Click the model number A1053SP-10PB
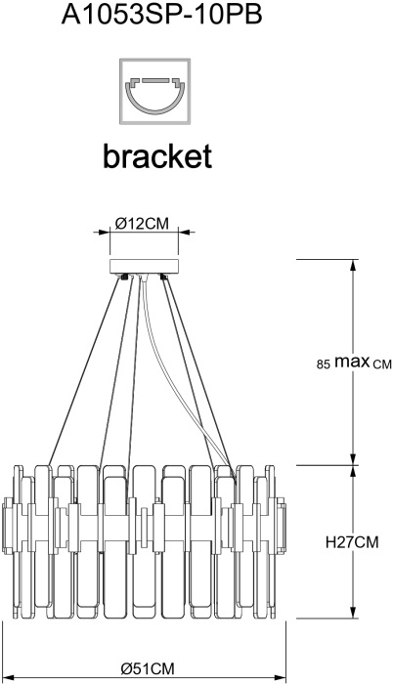pyautogui.click(x=161, y=16)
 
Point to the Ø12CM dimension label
pyautogui.click(x=142, y=224)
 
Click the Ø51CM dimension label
pyautogui.click(x=148, y=668)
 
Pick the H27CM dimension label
pyautogui.click(x=352, y=542)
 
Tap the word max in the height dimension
pyautogui.click(x=352, y=362)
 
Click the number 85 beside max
pyautogui.click(x=323, y=364)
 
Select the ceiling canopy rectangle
pyautogui.click(x=144, y=267)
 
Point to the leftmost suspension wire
pyautogui.click(x=83, y=370)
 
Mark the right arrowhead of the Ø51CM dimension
pyautogui.click(x=281, y=677)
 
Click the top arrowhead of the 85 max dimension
pyautogui.click(x=353, y=265)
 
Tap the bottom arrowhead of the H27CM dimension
pyautogui.click(x=353, y=612)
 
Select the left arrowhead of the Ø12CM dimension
pyautogui.click(x=104, y=233)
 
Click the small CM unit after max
pyautogui.click(x=382, y=364)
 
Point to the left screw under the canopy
pyautogui.click(x=124, y=277)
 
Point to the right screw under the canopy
pyautogui.click(x=164, y=277)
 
